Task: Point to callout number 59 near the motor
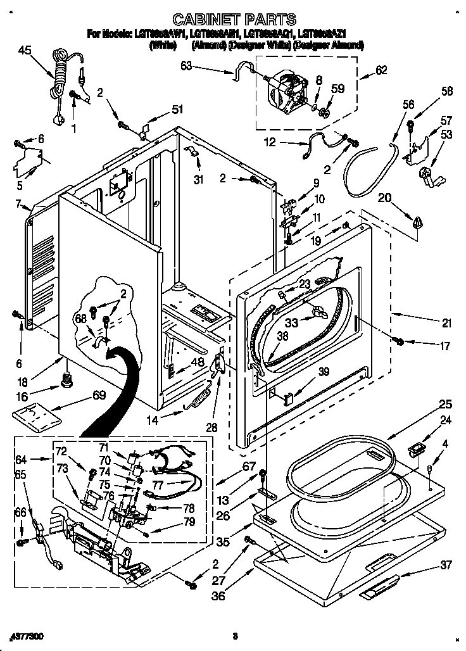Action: pos(337,89)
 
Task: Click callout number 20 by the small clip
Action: pos(384,198)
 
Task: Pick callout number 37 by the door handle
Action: pos(447,565)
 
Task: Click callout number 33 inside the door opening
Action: pos(291,322)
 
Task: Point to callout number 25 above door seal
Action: pos(445,403)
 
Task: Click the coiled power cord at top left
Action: pos(60,82)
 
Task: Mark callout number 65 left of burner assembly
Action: pos(20,474)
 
